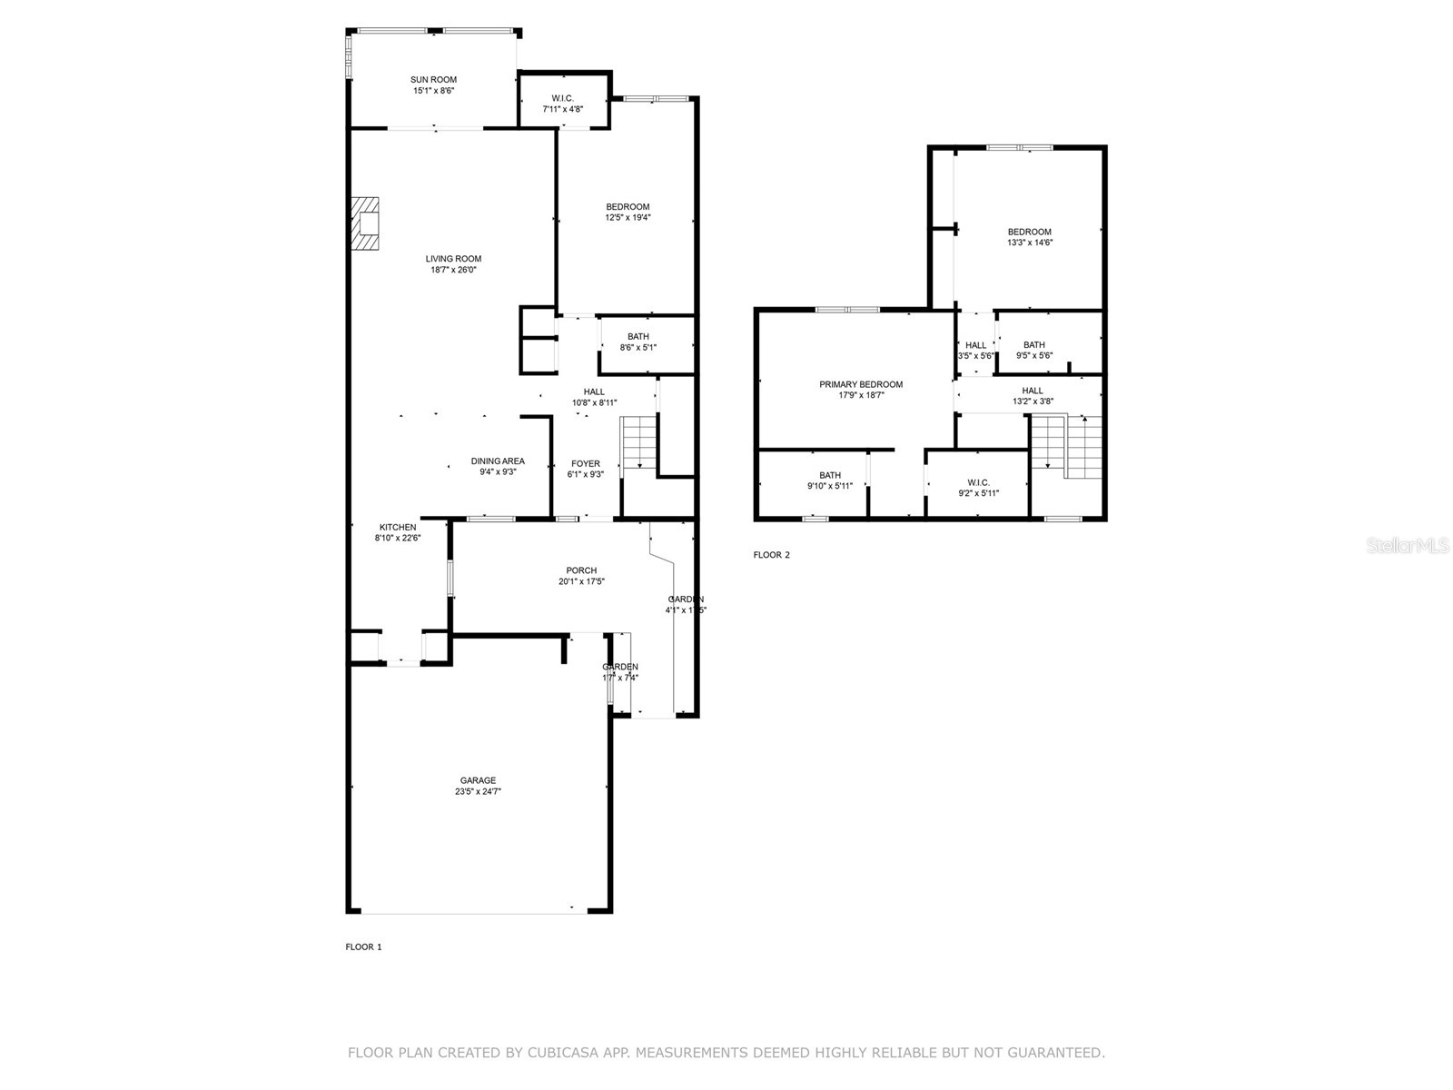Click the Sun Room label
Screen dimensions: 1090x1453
click(x=433, y=80)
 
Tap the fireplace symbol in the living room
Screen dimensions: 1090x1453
click(x=366, y=223)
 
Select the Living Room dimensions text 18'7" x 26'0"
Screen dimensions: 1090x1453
click(x=453, y=270)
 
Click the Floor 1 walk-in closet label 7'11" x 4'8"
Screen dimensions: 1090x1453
click(x=562, y=109)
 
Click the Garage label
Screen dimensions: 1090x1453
click(x=478, y=780)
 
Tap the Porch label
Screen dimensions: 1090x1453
click(x=581, y=570)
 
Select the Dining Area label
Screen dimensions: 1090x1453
click(x=498, y=461)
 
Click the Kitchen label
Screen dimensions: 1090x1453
click(x=398, y=527)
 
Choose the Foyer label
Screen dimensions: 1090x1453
click(x=585, y=464)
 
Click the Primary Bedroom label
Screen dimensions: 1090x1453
click(x=861, y=384)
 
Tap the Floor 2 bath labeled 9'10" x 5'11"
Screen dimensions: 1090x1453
click(x=829, y=481)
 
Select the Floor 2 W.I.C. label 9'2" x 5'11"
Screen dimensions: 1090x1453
click(x=978, y=488)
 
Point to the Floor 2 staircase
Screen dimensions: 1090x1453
click(x=1066, y=446)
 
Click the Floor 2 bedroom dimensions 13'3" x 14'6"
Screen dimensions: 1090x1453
click(x=1029, y=243)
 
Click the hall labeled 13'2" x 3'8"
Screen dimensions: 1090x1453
click(x=1033, y=396)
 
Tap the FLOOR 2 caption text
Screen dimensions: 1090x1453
click(x=772, y=555)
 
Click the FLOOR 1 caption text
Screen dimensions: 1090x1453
click(x=363, y=946)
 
